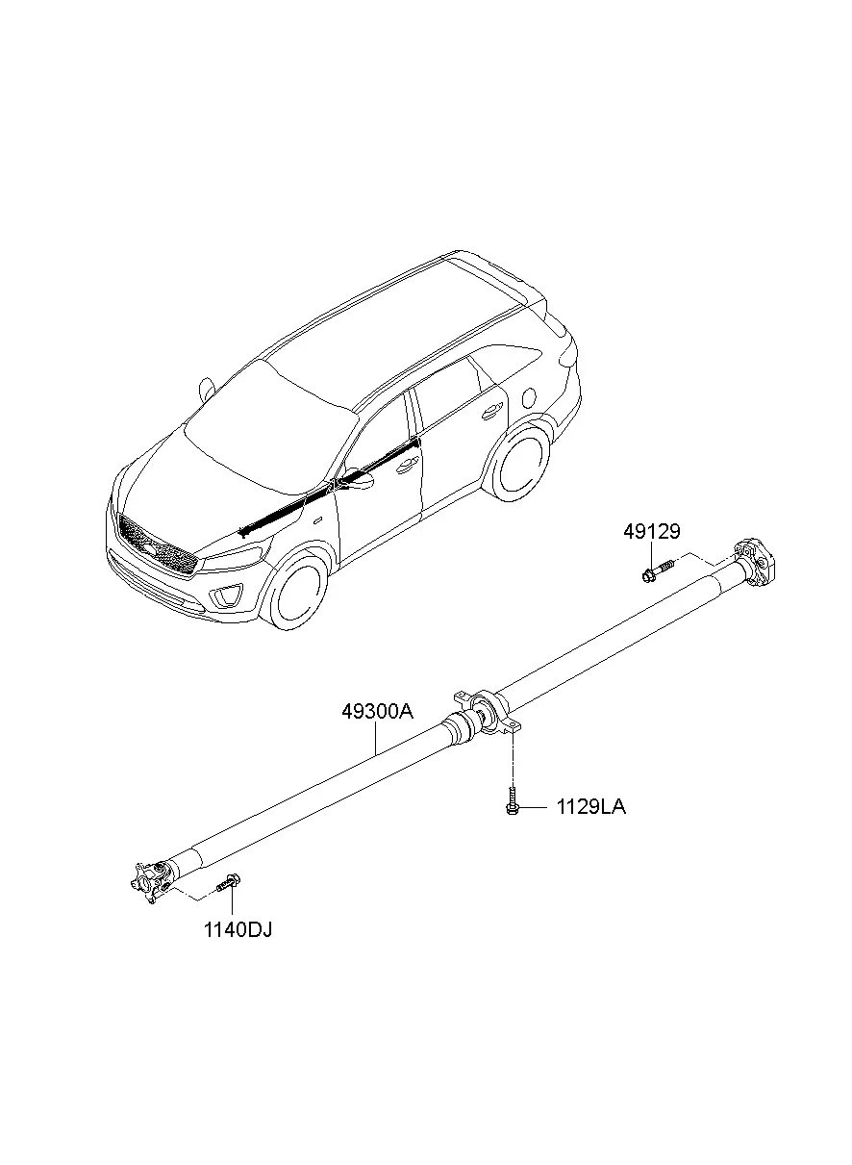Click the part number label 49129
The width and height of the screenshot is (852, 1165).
[651, 531]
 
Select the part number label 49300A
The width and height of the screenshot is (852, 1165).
[377, 711]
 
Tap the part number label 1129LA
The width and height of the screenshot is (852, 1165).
[591, 807]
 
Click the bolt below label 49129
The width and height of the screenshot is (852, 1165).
[657, 570]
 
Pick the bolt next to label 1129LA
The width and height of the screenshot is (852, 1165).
[513, 799]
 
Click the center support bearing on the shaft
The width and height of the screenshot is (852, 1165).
[488, 713]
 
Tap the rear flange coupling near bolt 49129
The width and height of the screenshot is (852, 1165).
[754, 563]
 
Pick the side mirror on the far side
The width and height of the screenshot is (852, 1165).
[207, 389]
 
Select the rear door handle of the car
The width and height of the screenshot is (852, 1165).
[490, 413]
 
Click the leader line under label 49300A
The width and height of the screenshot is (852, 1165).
[376, 738]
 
